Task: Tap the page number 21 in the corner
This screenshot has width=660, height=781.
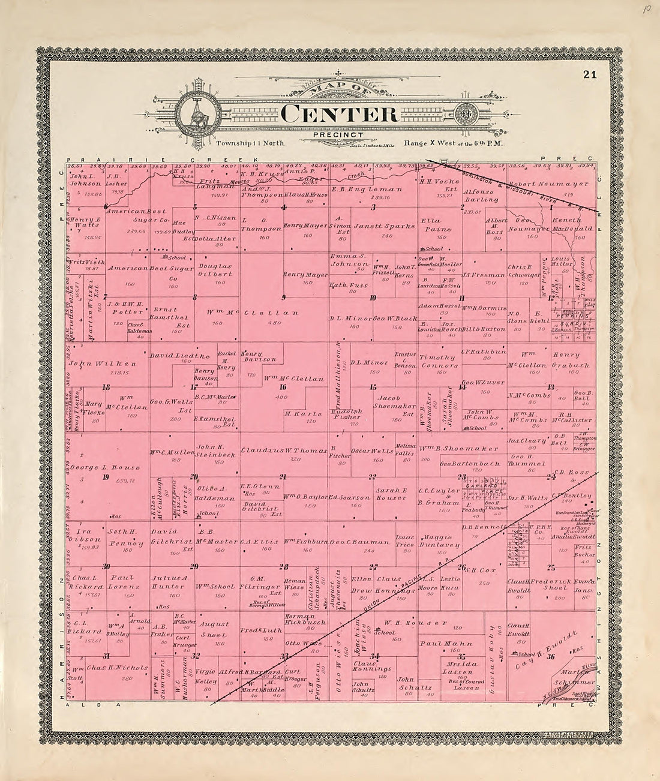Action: point(589,75)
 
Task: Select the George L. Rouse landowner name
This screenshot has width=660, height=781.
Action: point(113,467)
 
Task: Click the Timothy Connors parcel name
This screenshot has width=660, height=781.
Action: point(439,361)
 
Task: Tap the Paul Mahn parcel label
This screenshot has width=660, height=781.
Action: point(439,644)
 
